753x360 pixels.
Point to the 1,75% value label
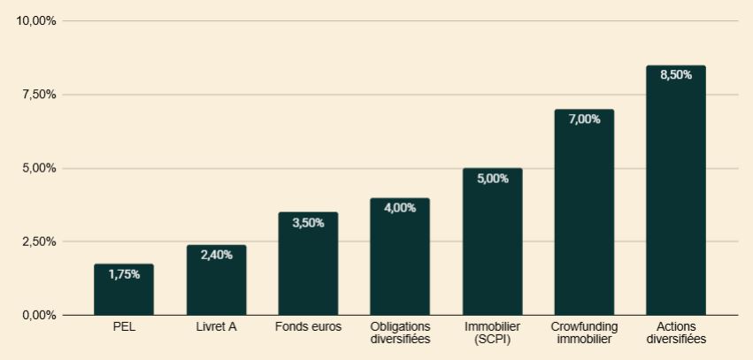point(124,274)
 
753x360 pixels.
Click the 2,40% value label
point(216,255)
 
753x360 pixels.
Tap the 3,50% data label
point(308,223)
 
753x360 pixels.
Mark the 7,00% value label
point(584,119)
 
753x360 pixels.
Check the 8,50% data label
point(676,75)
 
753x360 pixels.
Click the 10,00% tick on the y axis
point(36,21)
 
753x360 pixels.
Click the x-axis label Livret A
point(216,327)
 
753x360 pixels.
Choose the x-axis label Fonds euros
point(308,327)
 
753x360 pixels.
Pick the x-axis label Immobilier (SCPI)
point(492,333)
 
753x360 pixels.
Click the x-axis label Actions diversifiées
point(676,333)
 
